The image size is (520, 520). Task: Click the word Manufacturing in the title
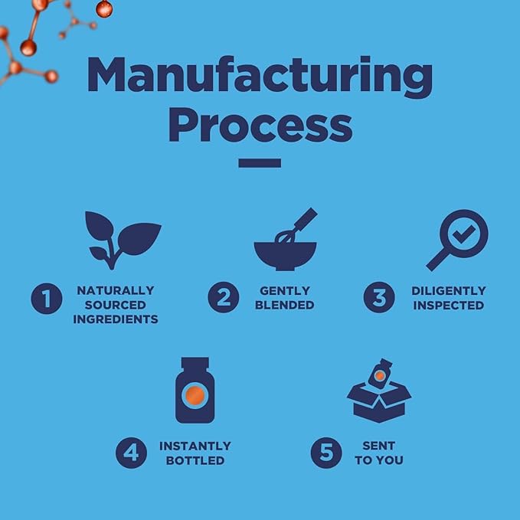click(x=260, y=77)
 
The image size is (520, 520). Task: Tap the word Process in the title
click(x=260, y=125)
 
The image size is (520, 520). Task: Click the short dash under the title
click(x=260, y=163)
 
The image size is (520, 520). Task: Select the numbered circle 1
click(x=47, y=299)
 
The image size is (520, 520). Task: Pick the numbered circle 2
click(x=224, y=297)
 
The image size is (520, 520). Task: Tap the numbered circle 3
click(x=379, y=297)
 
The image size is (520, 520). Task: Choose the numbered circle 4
click(x=131, y=453)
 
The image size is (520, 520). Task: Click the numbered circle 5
click(x=326, y=453)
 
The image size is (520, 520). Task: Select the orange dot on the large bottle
click(x=195, y=395)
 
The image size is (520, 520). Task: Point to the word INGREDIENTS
click(x=116, y=319)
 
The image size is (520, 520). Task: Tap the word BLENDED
click(x=285, y=305)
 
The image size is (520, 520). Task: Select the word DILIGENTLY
click(x=449, y=291)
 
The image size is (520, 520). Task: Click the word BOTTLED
click(x=195, y=460)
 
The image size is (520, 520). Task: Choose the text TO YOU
click(x=379, y=460)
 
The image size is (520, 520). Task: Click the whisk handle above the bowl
click(x=306, y=220)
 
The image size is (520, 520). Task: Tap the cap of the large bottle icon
click(x=195, y=362)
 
